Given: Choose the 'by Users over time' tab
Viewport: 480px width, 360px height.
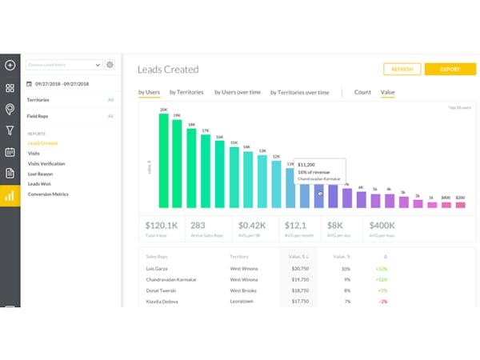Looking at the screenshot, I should [x=238, y=92].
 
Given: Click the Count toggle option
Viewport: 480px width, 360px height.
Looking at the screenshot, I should [x=362, y=92].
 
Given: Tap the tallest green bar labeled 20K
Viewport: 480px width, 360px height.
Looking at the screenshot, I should [x=164, y=160].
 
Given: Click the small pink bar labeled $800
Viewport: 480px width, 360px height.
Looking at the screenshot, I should [x=446, y=205].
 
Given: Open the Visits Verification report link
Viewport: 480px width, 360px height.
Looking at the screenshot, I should [x=46, y=163].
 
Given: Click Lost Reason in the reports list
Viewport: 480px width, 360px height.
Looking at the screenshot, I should [x=41, y=174].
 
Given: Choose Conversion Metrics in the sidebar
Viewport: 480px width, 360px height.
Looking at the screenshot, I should [x=47, y=194].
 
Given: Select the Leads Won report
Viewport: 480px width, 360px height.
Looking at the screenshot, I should [x=40, y=183].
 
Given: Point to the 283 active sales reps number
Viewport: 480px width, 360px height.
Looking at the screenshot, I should [x=198, y=226].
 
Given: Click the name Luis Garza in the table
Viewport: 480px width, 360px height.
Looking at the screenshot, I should [x=158, y=268].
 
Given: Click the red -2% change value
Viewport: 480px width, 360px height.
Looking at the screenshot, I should [x=383, y=302].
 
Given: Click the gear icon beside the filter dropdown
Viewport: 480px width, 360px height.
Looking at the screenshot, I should [x=110, y=65].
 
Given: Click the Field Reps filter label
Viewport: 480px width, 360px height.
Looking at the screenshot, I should [x=39, y=116].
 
